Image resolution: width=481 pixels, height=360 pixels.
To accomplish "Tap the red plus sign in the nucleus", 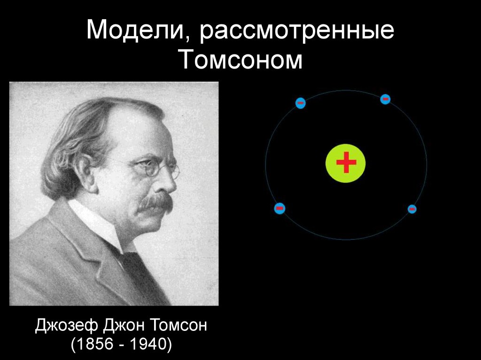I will pos(346,163).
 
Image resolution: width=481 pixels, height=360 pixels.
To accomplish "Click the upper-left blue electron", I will pos(301,103).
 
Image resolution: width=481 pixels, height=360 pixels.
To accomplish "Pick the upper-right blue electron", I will pos(385,99).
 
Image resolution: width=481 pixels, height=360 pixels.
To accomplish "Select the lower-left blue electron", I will pos(279,208).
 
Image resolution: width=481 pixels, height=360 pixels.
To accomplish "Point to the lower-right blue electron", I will pos(412,209).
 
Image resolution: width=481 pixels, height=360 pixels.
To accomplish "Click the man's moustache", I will pos(156,202).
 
